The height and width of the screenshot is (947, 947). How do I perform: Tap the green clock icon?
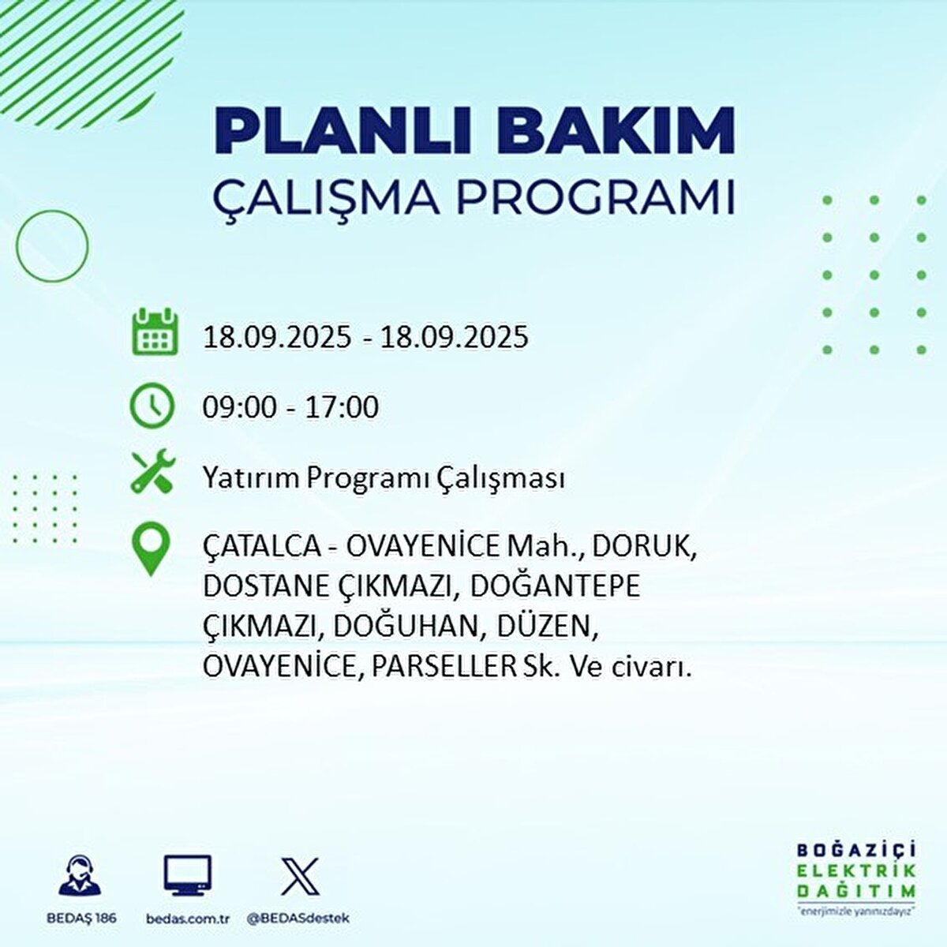point(152,406)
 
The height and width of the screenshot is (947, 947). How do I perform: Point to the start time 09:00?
point(240,407)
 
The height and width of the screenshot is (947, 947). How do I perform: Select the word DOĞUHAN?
point(408,627)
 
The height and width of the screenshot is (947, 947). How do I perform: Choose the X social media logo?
point(300,876)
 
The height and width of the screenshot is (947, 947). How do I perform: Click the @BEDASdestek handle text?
point(298,919)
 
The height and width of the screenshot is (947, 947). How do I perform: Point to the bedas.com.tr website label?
point(188,919)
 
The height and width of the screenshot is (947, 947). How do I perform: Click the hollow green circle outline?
point(52,246)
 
